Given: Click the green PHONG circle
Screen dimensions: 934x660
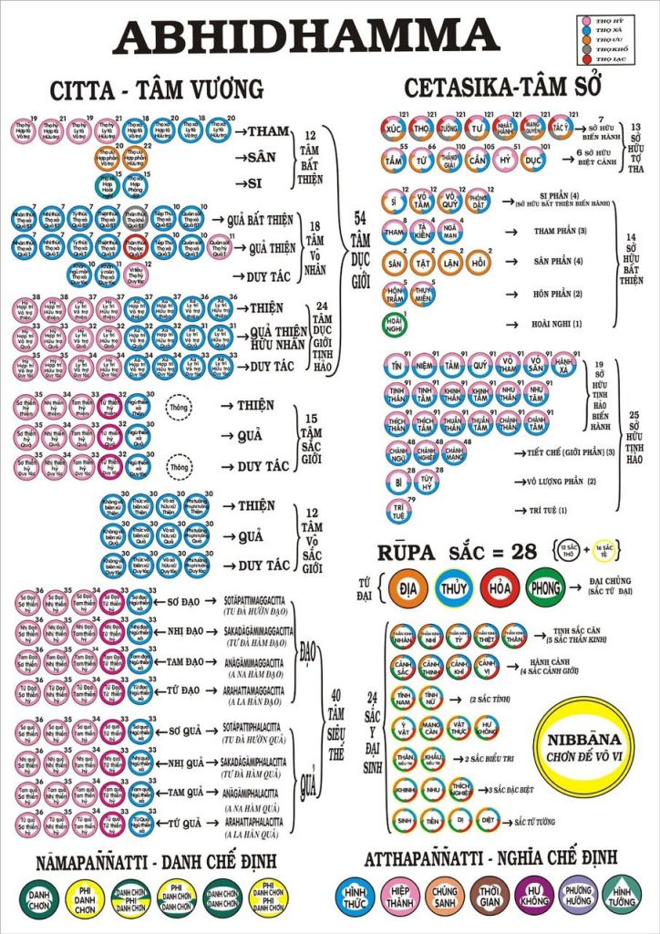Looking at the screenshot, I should click(x=545, y=586).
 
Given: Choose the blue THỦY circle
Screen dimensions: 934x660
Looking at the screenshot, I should click(x=452, y=586).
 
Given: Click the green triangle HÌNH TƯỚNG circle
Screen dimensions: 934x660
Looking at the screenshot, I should click(x=624, y=895).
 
